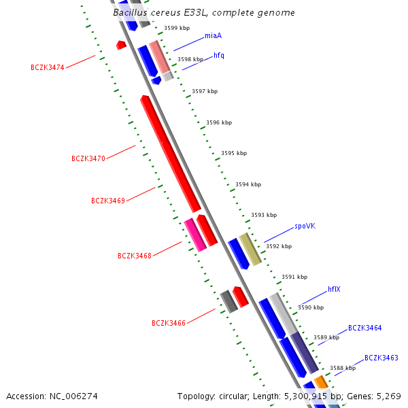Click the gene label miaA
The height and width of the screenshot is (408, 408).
click(x=213, y=35)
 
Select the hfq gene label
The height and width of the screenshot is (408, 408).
click(x=219, y=55)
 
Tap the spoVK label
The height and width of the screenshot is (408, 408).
click(x=305, y=226)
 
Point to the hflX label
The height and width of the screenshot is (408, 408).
click(x=334, y=289)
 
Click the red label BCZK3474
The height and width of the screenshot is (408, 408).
click(x=48, y=67)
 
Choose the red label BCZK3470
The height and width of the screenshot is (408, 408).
click(x=88, y=158)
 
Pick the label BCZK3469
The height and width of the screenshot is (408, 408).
click(x=108, y=201)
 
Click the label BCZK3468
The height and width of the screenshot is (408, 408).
click(x=135, y=256)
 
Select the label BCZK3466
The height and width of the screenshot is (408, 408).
click(x=169, y=323)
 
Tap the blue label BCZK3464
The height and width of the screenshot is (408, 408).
click(x=365, y=328)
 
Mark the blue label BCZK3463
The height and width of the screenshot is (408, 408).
click(x=381, y=358)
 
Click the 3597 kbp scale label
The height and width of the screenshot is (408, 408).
click(x=205, y=91)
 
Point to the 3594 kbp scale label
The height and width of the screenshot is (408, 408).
click(x=248, y=184)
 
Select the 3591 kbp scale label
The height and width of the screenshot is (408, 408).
click(x=294, y=277)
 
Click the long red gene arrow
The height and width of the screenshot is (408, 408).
click(x=171, y=154)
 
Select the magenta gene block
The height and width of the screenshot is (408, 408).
click(x=195, y=235)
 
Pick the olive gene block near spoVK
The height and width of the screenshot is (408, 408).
click(x=250, y=249)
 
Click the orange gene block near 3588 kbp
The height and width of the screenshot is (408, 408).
click(x=322, y=382)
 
